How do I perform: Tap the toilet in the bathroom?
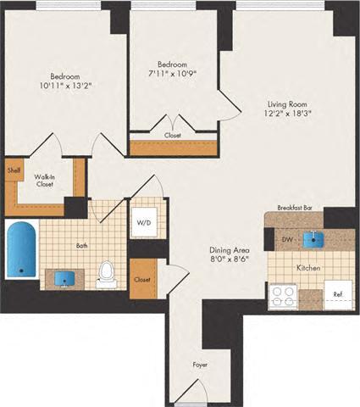[107, 270]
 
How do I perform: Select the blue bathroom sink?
[64, 277]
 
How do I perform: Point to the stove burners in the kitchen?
[281, 296]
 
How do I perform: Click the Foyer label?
[199, 365]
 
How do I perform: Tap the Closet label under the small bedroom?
[172, 134]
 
